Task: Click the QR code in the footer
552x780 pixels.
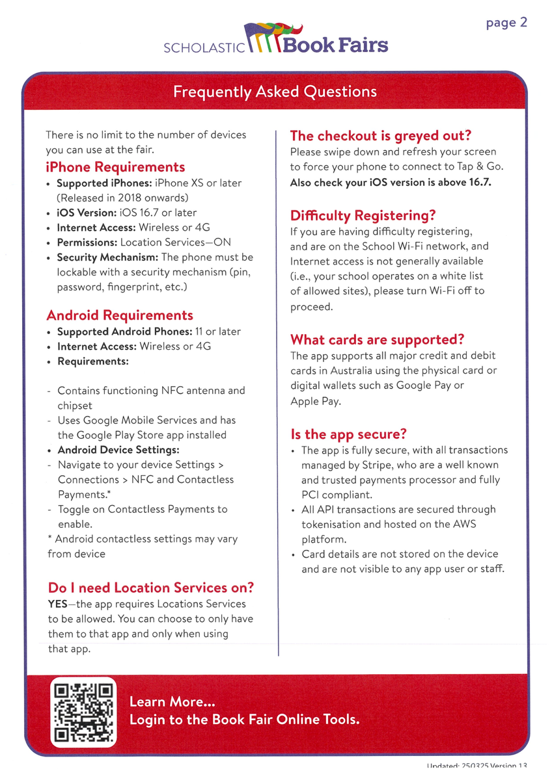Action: (83, 713)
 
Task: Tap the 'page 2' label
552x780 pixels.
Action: (506, 23)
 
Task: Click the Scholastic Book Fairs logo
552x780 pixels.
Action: (275, 39)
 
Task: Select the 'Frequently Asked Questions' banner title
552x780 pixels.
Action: (275, 91)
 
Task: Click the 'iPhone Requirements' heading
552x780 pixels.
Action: (115, 167)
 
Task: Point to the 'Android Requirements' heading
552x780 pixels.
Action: (120, 315)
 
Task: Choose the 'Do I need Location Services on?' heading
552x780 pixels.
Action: (150, 588)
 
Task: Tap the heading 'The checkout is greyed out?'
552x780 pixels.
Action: (380, 136)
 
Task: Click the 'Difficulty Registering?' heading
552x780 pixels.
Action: (363, 215)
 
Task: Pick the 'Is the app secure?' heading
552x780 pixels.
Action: (348, 434)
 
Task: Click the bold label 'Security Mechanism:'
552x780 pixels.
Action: (107, 257)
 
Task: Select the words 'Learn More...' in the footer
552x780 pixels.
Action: (172, 702)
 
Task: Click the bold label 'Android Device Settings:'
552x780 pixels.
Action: (118, 450)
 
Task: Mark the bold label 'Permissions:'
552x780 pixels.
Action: (87, 242)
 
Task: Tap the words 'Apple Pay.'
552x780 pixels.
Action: (315, 401)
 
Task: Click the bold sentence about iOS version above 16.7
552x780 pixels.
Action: (391, 182)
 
